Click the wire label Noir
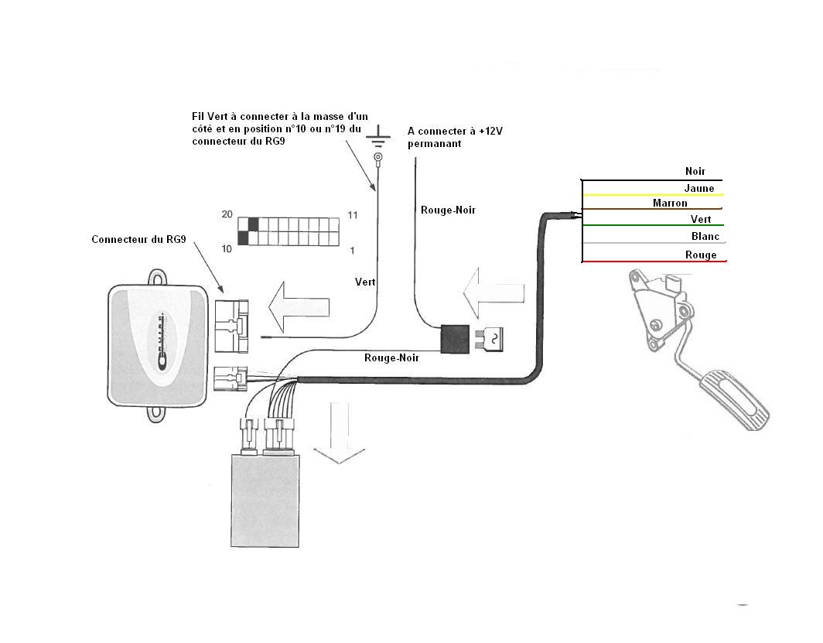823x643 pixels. click(695, 171)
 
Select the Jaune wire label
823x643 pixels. click(699, 188)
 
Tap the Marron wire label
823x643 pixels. click(670, 203)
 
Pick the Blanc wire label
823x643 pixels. click(705, 236)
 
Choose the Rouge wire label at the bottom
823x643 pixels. click(701, 255)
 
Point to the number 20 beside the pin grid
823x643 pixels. click(227, 214)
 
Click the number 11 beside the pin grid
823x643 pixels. click(353, 214)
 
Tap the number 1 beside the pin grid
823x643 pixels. click(352, 251)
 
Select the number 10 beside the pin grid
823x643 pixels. click(227, 248)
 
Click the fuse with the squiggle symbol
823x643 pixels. click(489, 339)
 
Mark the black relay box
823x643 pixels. click(455, 339)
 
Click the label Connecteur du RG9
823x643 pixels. click(138, 239)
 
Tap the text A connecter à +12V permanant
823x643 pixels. click(455, 137)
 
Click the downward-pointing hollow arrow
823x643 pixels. click(339, 433)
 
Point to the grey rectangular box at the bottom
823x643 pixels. click(265, 501)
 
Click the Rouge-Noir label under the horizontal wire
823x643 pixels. click(391, 358)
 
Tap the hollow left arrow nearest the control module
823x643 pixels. click(299, 307)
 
